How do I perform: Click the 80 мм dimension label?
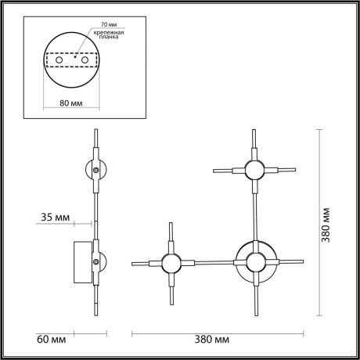tap(73, 101)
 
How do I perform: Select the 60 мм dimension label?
tap(51, 339)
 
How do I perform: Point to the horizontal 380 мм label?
tap(212, 339)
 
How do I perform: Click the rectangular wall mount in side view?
tap(82, 262)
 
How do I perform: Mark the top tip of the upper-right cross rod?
tap(254, 129)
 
